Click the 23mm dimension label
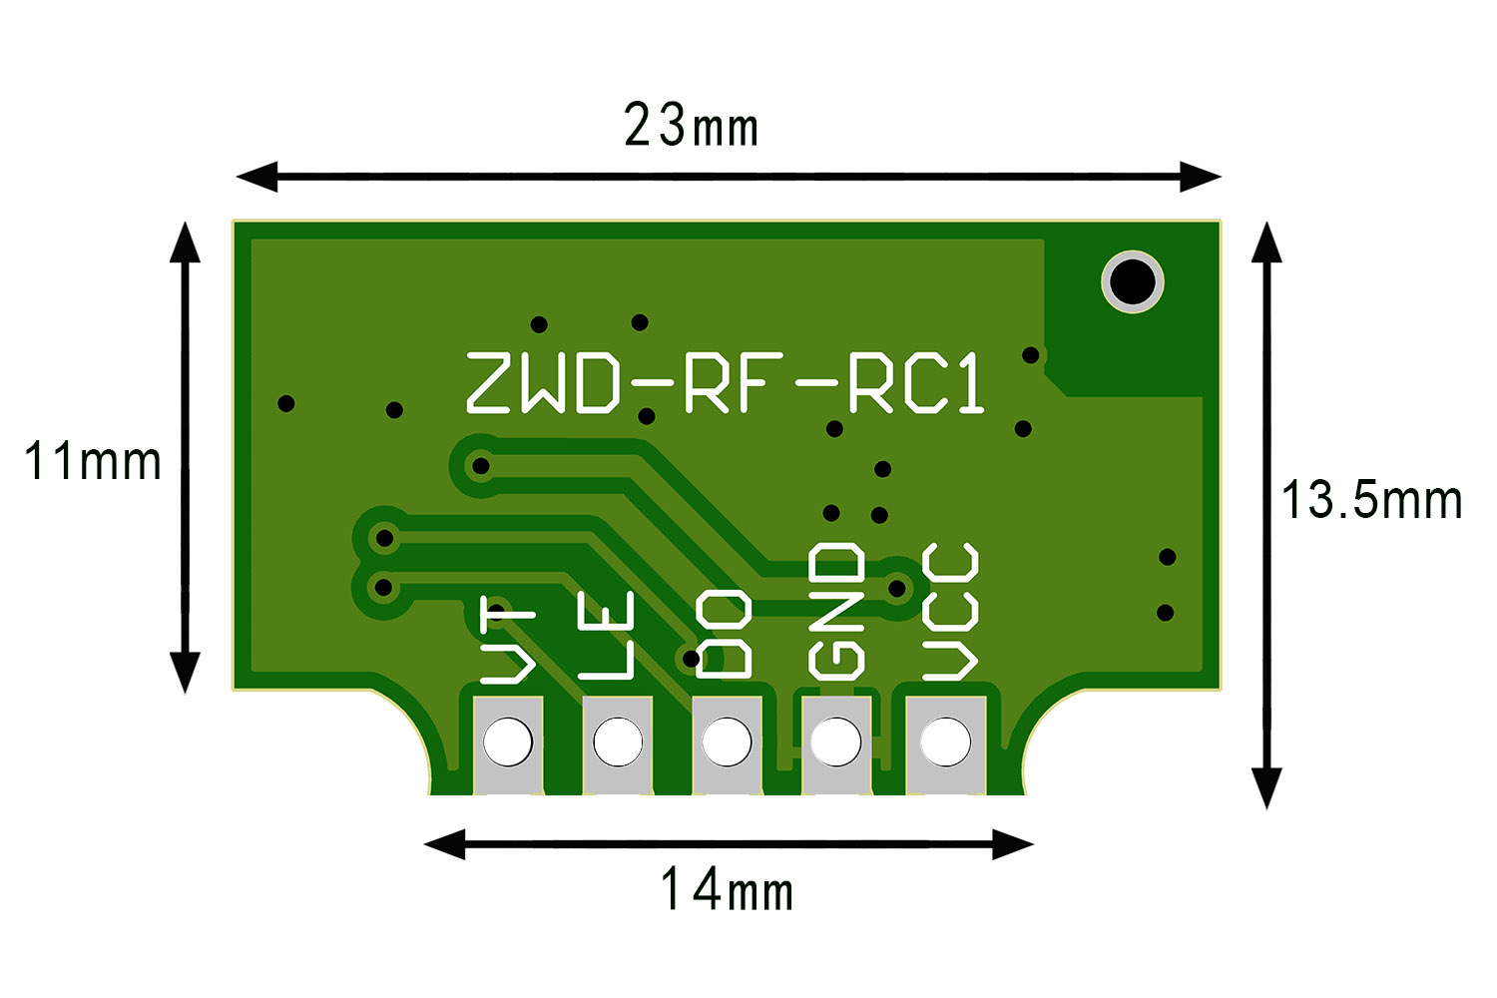(x=691, y=126)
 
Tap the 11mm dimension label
(x=92, y=461)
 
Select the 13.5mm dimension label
(x=1371, y=500)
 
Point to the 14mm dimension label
(x=727, y=889)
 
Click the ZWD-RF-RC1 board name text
(x=726, y=382)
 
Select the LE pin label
(x=607, y=636)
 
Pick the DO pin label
(x=724, y=635)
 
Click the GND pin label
(x=836, y=611)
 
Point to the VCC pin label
(x=949, y=611)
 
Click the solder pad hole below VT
(x=508, y=742)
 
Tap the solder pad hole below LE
(x=618, y=742)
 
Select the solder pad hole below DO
(x=727, y=742)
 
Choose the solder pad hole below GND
(x=835, y=742)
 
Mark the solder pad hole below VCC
(x=945, y=742)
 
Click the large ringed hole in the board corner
(x=1133, y=280)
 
